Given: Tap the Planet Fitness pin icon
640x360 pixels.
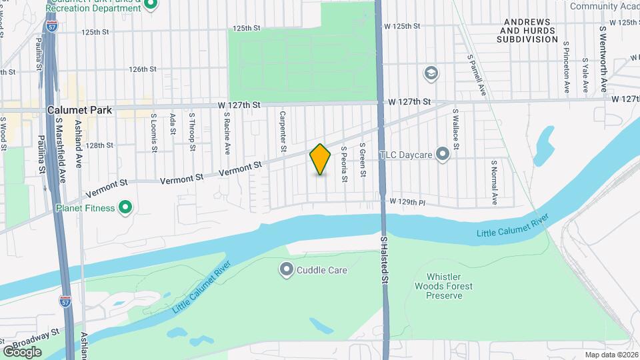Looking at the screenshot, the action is [125, 208].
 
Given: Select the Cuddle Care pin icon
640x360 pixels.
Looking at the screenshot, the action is [287, 269].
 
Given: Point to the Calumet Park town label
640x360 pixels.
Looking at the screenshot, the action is [79, 110].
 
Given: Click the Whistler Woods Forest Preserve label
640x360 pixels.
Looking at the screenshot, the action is [449, 287].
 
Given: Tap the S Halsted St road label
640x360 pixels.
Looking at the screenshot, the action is [384, 261].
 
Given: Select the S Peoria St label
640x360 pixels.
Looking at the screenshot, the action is [344, 165].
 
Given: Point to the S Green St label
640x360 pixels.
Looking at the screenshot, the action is [363, 160].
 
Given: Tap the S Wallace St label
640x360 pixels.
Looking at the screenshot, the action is [456, 128].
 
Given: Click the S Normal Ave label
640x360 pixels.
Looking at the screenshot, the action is [495, 182].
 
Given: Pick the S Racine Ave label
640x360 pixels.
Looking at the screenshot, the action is [227, 131].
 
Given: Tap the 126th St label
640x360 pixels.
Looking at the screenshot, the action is [143, 69].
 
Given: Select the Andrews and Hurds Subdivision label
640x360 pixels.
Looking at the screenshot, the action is [527, 31].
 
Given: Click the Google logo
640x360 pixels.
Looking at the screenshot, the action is [22, 351].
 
